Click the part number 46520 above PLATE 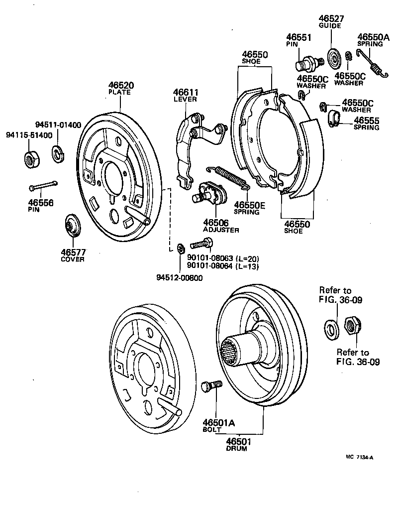[x=120, y=86]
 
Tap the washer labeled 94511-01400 [x=58, y=153]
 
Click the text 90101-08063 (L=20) [x=223, y=258]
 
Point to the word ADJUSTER [x=221, y=230]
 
